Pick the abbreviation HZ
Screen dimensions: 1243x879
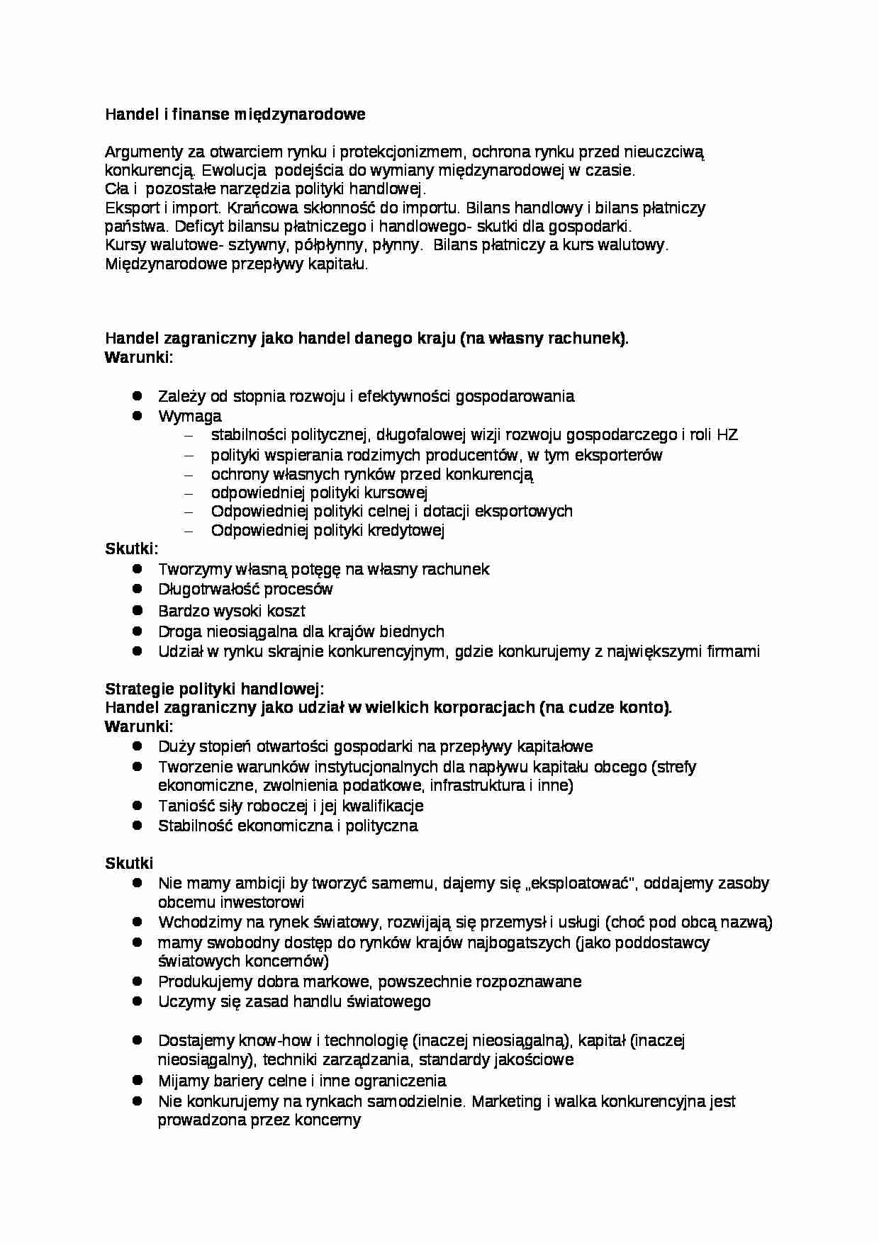pyautogui.click(x=727, y=435)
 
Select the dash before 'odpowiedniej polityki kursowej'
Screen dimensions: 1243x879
pyautogui.click(x=188, y=493)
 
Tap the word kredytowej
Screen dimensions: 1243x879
pyautogui.click(x=405, y=531)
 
